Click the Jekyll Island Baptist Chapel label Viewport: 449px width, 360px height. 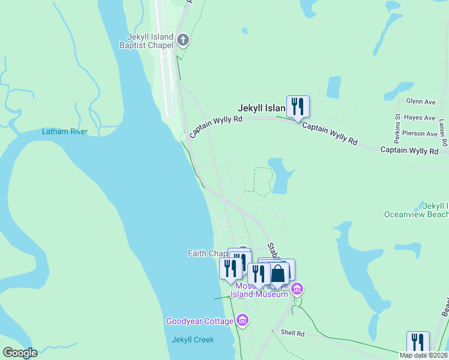pos(146,40)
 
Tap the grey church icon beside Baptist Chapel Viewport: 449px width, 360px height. pos(184,41)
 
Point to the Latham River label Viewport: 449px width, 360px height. pos(65,131)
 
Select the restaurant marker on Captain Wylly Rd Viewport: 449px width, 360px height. pos(298,107)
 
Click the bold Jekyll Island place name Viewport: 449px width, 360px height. pos(262,109)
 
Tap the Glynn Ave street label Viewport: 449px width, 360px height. pos(420,101)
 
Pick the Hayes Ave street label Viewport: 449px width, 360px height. pos(420,118)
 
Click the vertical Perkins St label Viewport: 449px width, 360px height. pos(397,124)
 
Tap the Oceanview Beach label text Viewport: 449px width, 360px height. pos(416,214)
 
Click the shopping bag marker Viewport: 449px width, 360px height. pos(279,274)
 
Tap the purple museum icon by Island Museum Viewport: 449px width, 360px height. pos(296,290)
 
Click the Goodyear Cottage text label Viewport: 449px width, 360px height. pos(199,321)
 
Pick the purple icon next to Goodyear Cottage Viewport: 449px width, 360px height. pos(242,320)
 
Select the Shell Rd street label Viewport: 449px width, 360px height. pos(292,334)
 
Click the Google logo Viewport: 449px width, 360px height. pos(20,353)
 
